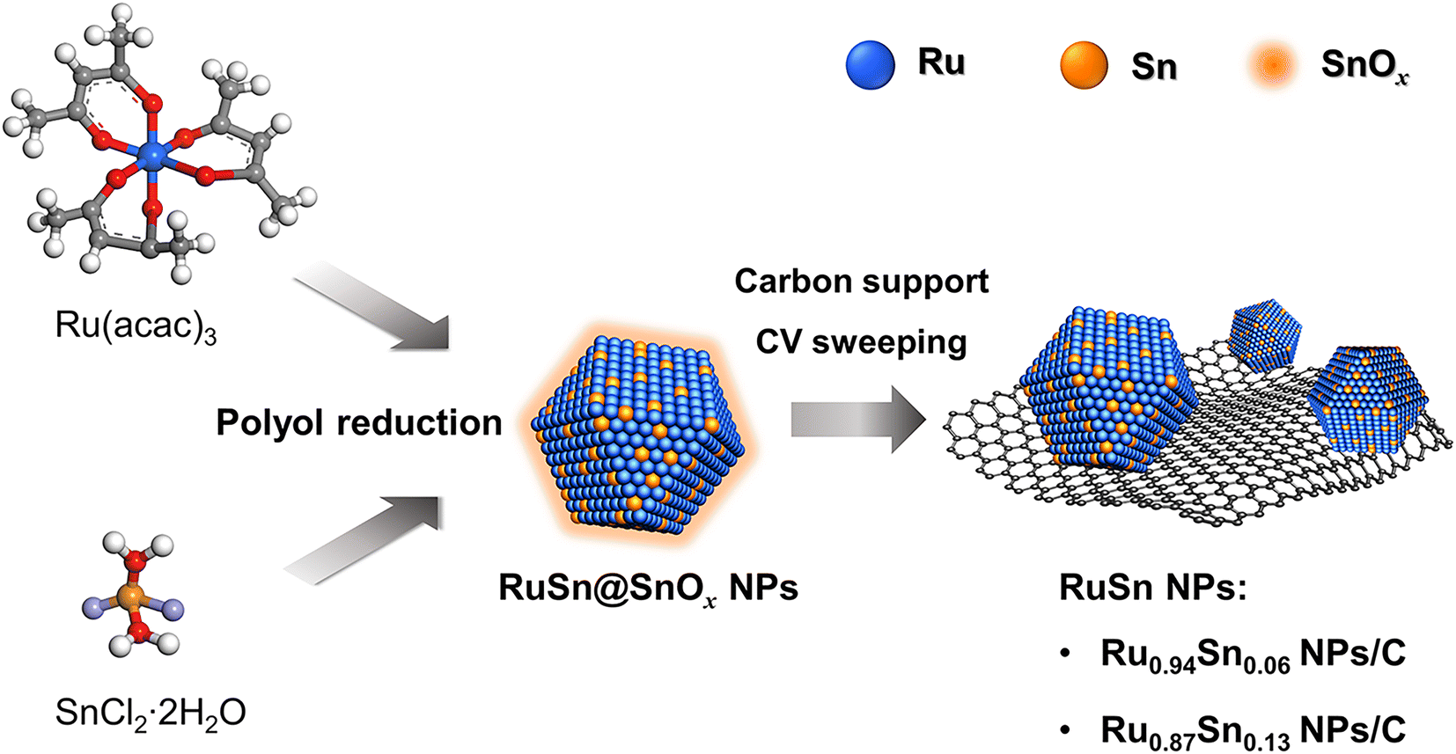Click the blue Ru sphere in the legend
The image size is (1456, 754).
click(x=870, y=65)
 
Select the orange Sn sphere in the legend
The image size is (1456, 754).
click(x=1084, y=66)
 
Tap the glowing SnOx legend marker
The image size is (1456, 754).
click(x=1272, y=66)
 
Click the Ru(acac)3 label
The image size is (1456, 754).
click(x=136, y=326)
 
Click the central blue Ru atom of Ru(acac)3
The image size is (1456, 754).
click(x=153, y=156)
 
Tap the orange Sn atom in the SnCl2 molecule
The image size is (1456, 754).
click(x=131, y=598)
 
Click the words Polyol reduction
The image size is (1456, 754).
click(x=359, y=423)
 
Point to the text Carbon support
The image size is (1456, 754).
click(x=861, y=282)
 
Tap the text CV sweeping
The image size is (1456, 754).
click(x=861, y=342)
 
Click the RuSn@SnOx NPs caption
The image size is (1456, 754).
click(x=648, y=588)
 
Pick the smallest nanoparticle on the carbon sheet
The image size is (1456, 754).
click(x=1266, y=333)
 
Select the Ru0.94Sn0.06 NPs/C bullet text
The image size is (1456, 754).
click(x=1253, y=655)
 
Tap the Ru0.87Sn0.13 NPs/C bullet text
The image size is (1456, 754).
click(x=1253, y=731)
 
